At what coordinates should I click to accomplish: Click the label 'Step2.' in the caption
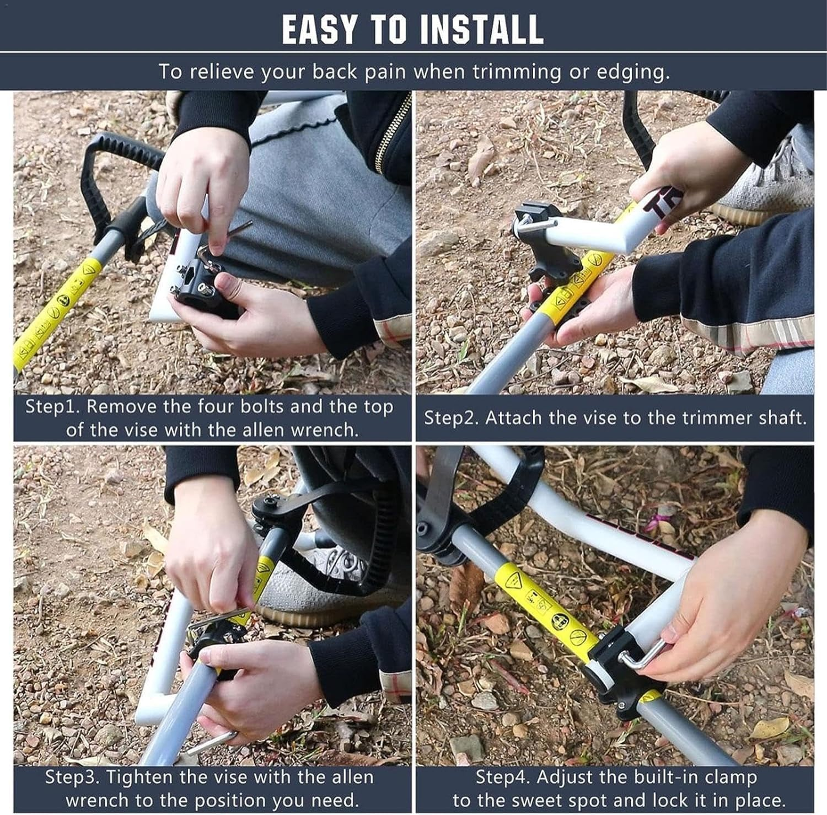click(x=452, y=418)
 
